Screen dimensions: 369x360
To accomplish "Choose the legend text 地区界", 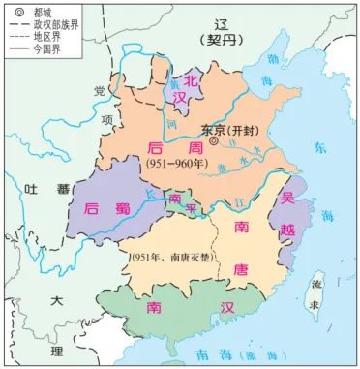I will pos(46,38).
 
